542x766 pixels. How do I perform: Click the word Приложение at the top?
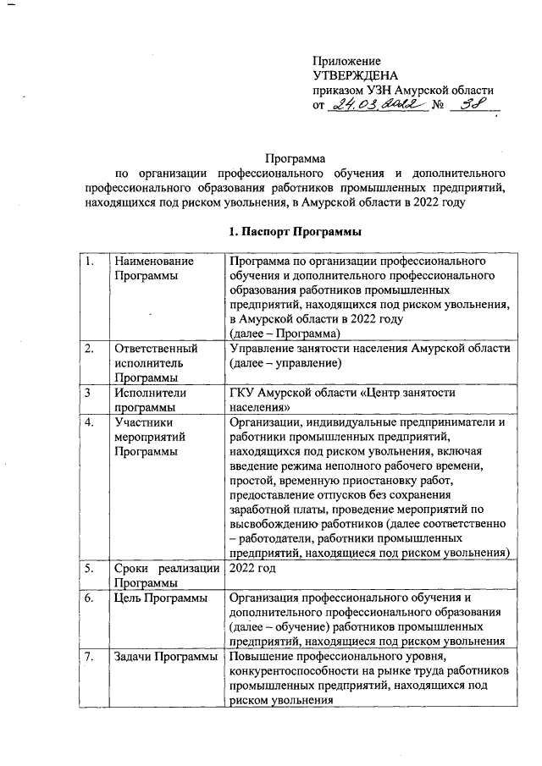click(x=347, y=61)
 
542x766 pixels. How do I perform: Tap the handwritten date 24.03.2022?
click(x=372, y=105)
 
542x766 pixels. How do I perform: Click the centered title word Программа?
click(x=296, y=157)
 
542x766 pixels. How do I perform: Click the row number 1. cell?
click(x=88, y=262)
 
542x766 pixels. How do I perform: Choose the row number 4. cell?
click(x=88, y=422)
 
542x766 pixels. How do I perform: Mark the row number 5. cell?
click(x=88, y=569)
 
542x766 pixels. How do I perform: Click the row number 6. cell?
click(x=88, y=598)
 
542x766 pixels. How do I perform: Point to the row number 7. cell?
click(x=88, y=658)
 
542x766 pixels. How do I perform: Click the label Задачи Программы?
click(x=164, y=658)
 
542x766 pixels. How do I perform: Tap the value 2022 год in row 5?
click(x=253, y=569)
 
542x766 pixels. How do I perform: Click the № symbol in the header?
click(x=439, y=106)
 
